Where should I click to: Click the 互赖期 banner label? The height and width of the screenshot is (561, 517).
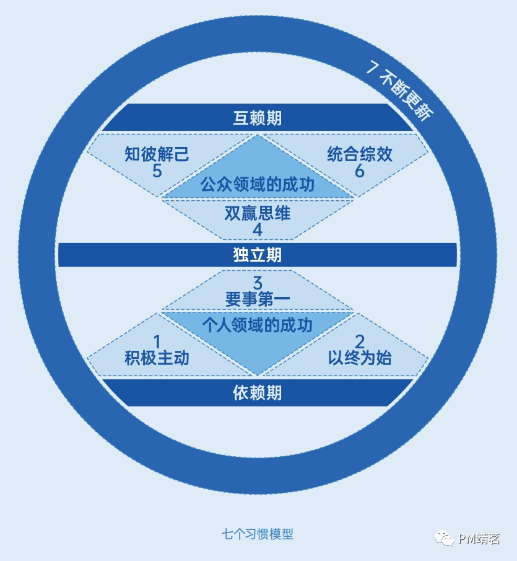pos(258,118)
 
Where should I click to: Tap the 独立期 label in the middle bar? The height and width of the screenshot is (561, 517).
pos(258,255)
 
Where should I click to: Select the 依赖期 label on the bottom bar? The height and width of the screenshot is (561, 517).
pos(258,392)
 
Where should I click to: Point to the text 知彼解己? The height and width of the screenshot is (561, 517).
pos(157,154)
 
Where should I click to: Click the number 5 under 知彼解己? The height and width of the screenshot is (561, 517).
pos(157,171)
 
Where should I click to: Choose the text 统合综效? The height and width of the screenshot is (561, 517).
pos(360,154)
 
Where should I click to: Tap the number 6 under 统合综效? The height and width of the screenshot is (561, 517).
pos(360,171)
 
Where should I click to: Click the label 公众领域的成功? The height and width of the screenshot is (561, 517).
pos(258,184)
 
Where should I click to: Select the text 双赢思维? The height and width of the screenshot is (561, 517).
pos(258,214)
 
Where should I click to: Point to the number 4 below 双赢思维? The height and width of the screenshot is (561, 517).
pos(258,230)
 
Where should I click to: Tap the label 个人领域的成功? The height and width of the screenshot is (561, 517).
pos(258,325)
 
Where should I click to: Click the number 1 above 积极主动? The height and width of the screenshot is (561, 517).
pos(157,342)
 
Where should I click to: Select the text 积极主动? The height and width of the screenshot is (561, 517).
pos(157,358)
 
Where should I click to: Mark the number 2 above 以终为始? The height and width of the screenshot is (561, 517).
pos(360,342)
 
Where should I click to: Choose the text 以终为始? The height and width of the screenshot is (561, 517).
pos(360,358)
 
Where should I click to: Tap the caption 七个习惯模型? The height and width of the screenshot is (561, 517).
pos(258,534)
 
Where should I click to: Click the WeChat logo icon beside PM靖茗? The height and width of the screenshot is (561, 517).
pos(445,538)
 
